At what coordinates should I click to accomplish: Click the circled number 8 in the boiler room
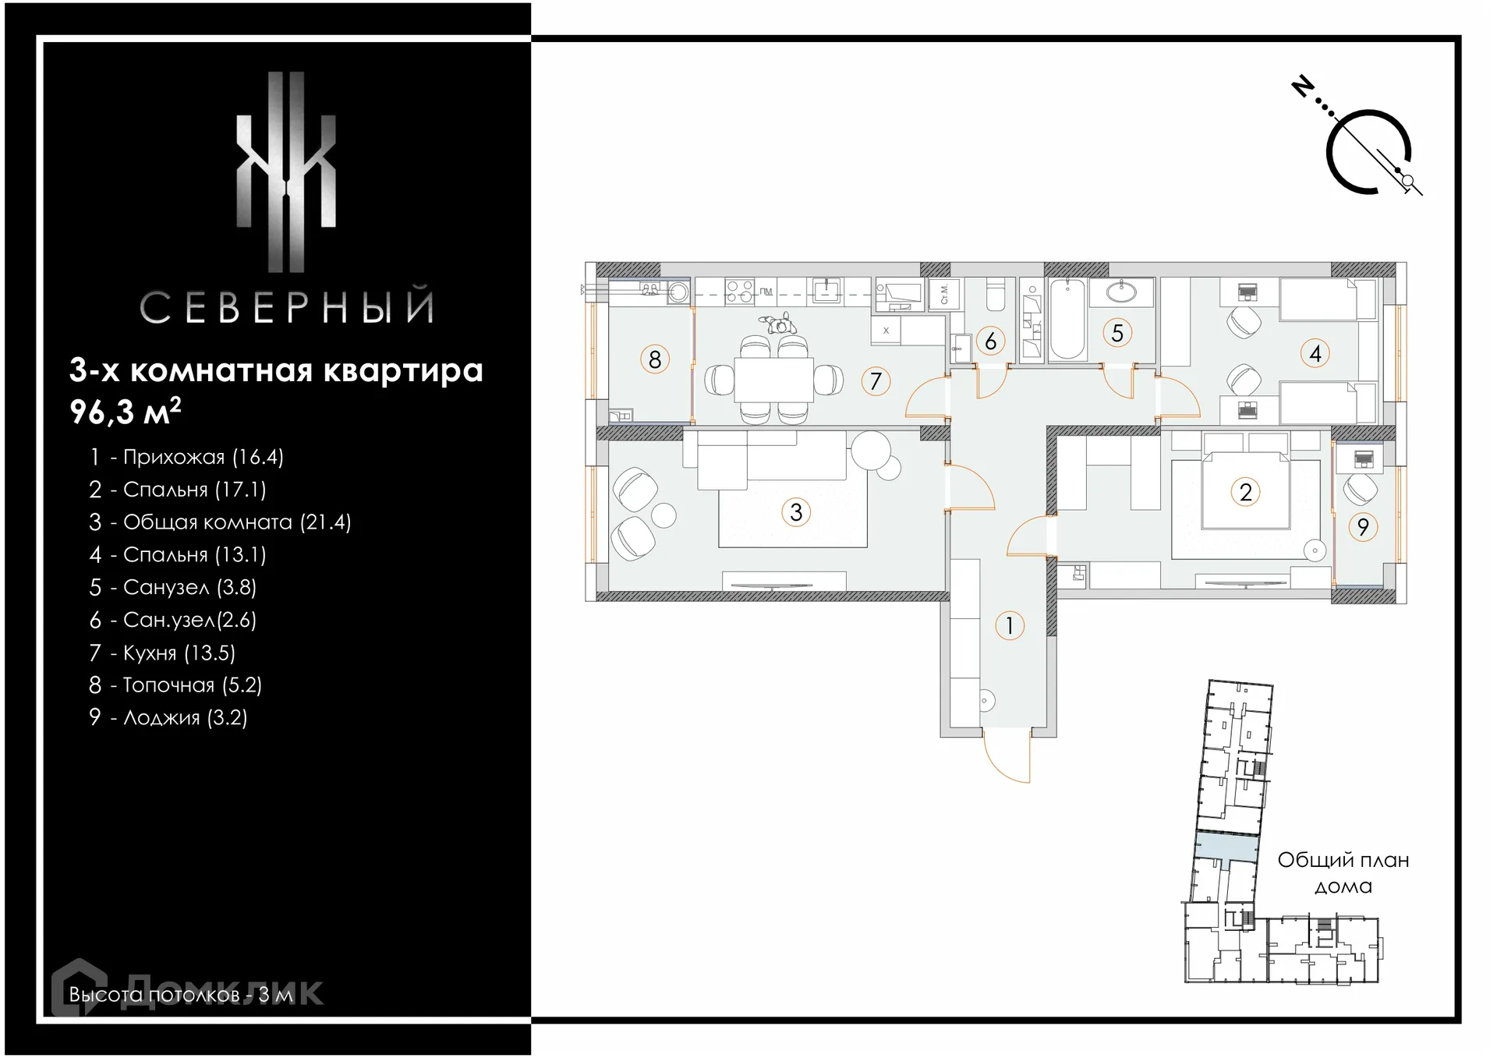coord(655,359)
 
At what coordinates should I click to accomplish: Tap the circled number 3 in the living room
coord(796,512)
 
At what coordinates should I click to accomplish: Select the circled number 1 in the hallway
coord(1010,625)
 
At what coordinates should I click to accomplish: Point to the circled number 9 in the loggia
coord(1363,527)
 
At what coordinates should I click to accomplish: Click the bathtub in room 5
coord(1067,320)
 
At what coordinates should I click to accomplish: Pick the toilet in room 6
coord(996,296)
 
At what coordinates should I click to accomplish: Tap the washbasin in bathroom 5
coord(1121,292)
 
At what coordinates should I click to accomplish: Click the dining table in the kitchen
coord(773,380)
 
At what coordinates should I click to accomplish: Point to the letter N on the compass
coord(1303,86)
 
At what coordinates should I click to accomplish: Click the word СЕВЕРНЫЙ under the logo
coord(286,306)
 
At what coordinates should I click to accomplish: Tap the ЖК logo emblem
coord(286,172)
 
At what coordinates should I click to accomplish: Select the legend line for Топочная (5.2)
coord(175,685)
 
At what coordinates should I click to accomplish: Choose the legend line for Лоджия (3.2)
coord(168,717)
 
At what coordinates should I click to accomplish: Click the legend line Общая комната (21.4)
coord(220,522)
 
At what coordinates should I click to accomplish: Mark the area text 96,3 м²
coord(126,411)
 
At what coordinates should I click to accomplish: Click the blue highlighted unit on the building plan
coord(1227,847)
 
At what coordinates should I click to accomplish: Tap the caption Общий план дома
coord(1343,873)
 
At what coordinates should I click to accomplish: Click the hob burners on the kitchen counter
coord(739,292)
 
